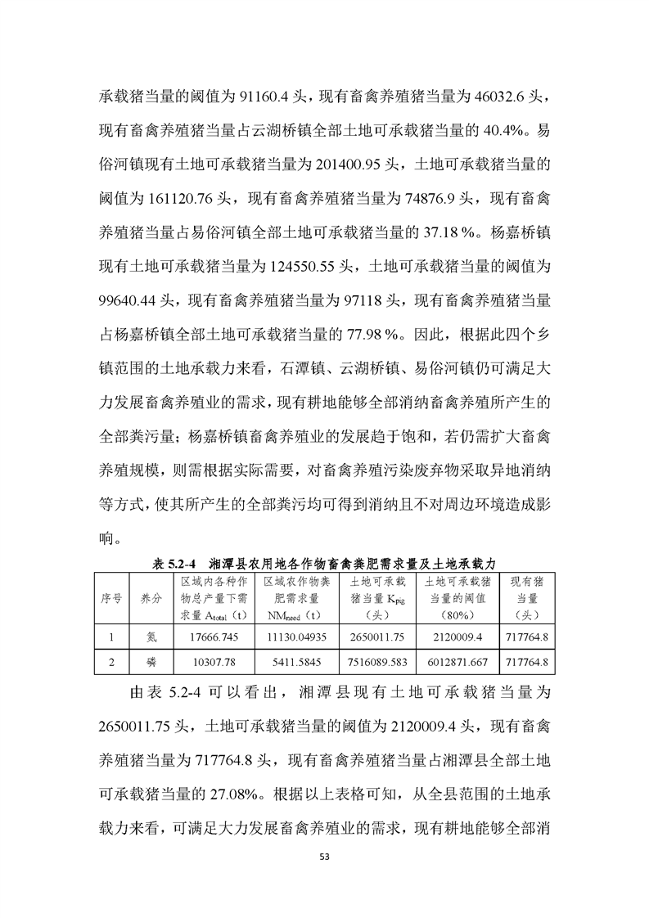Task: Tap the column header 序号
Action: point(111,598)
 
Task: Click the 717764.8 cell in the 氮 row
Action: point(527,636)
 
